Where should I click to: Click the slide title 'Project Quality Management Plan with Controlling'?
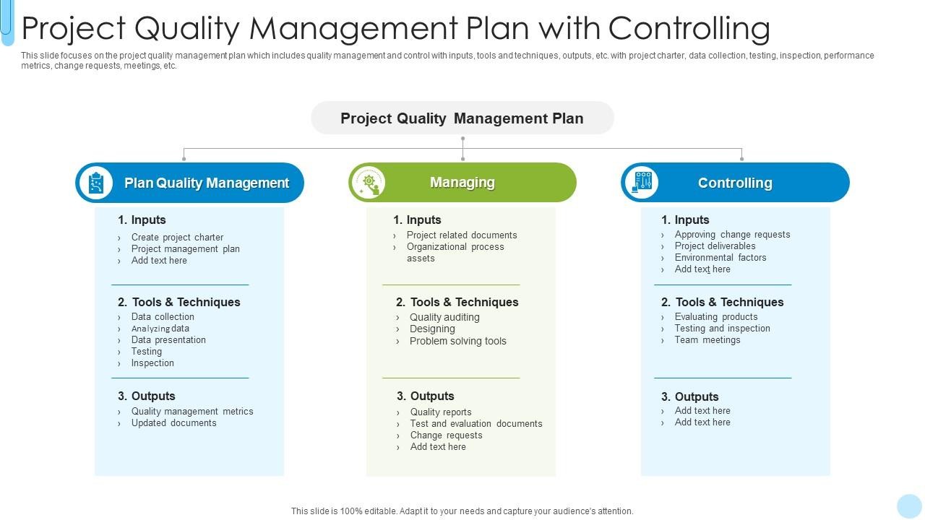(395, 28)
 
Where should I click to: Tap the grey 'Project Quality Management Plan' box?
(462, 118)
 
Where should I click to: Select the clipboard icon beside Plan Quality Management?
(96, 183)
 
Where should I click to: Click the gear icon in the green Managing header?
(369, 183)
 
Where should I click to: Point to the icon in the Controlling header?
(642, 183)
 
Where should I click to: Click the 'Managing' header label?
(462, 183)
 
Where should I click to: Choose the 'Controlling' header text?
(734, 183)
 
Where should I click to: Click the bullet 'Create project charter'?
(177, 238)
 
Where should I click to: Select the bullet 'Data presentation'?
(168, 340)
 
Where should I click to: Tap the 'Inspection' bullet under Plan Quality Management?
(152, 363)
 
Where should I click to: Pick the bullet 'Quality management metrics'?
(192, 412)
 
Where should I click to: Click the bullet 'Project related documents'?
(462, 235)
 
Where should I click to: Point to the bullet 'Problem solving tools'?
(457, 342)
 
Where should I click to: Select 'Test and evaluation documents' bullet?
(476, 424)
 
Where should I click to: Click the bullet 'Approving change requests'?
(732, 235)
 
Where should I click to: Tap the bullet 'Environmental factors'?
(720, 258)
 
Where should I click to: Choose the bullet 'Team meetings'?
(707, 340)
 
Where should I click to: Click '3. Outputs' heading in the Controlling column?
(689, 396)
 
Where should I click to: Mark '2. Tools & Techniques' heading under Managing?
(457, 302)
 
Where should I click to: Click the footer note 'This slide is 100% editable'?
(462, 511)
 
